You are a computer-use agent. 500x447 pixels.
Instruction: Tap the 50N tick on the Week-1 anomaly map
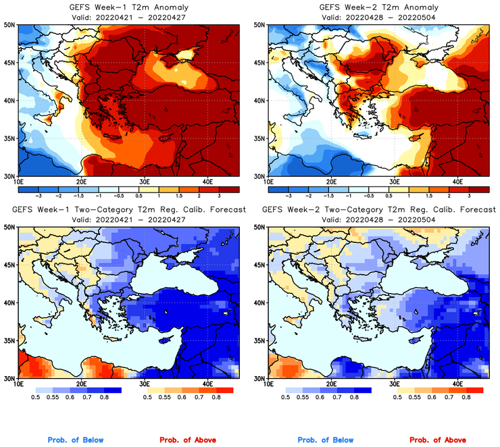[x=9, y=25]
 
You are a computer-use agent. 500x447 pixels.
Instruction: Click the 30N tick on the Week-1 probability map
[x=9, y=378]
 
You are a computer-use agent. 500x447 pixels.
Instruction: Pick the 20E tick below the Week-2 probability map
[x=331, y=384]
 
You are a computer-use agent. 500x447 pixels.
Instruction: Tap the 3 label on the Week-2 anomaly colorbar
[x=468, y=194]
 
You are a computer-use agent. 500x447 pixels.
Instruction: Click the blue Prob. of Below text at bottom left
[x=76, y=440]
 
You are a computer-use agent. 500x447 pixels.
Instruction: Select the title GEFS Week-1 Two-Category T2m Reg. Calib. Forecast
[x=128, y=209]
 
